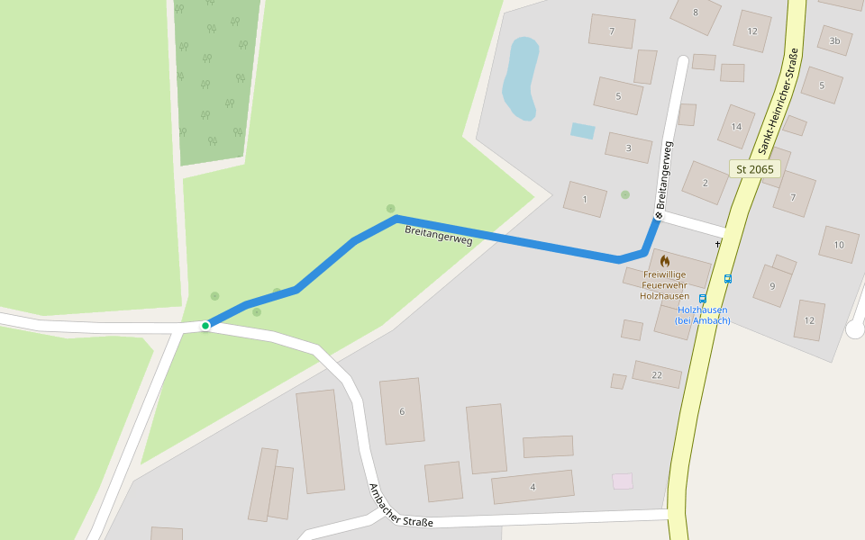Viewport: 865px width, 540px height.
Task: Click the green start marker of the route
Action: click(205, 325)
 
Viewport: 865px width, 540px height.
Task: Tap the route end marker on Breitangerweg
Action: click(659, 215)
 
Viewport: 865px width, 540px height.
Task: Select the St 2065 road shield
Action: click(754, 168)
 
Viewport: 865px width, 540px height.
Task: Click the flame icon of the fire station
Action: click(665, 261)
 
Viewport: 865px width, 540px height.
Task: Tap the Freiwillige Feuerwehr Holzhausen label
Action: click(664, 284)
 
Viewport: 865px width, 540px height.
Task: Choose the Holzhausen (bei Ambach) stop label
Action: click(702, 315)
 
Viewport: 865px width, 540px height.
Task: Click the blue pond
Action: click(520, 78)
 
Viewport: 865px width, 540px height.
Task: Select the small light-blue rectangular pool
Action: click(583, 130)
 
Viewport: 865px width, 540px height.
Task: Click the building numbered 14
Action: click(736, 126)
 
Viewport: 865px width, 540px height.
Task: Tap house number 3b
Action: click(834, 40)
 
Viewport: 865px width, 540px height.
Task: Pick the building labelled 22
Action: click(657, 374)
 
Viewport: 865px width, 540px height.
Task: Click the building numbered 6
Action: click(402, 411)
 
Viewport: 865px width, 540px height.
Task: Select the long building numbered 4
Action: click(533, 487)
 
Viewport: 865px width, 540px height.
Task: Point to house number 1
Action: click(585, 199)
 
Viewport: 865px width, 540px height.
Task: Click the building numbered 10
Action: click(839, 244)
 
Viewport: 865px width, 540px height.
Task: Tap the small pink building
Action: click(623, 481)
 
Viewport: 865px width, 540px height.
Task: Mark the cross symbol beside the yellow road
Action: click(718, 244)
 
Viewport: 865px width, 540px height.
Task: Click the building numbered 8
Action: click(696, 13)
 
